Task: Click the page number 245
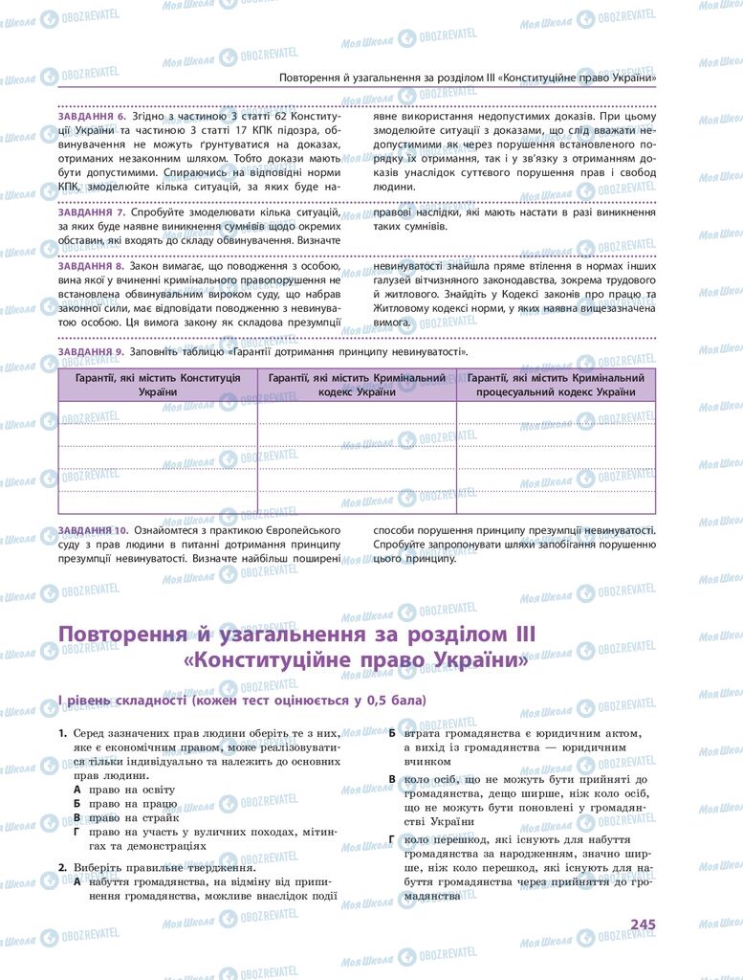click(642, 924)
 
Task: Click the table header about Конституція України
click(158, 386)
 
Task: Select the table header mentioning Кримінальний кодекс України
click(357, 386)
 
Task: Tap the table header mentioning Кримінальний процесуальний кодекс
click(556, 386)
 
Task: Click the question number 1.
click(61, 732)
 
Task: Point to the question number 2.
click(61, 867)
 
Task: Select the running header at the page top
click(468, 78)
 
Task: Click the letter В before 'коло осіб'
click(392, 780)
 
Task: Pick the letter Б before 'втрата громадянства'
click(392, 733)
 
